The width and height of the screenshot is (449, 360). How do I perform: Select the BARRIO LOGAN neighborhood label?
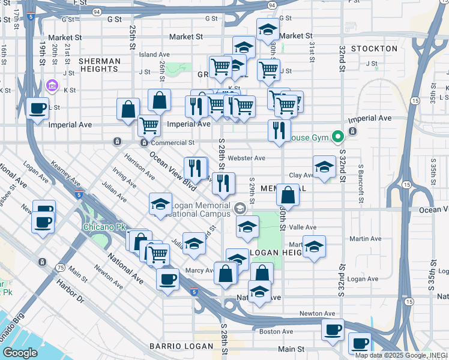[182, 346]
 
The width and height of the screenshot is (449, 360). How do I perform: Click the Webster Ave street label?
[249, 158]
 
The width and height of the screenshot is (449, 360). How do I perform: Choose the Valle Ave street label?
[303, 227]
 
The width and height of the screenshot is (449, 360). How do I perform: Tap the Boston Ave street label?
[276, 331]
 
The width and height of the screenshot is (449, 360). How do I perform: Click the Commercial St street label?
[173, 143]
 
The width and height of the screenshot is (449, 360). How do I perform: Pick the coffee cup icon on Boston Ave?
[333, 329]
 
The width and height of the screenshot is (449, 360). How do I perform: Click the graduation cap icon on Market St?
[268, 30]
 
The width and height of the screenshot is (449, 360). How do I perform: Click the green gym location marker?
[339, 137]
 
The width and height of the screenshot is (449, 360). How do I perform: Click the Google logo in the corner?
[20, 353]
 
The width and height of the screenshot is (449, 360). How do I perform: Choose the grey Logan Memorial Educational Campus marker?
[240, 208]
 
